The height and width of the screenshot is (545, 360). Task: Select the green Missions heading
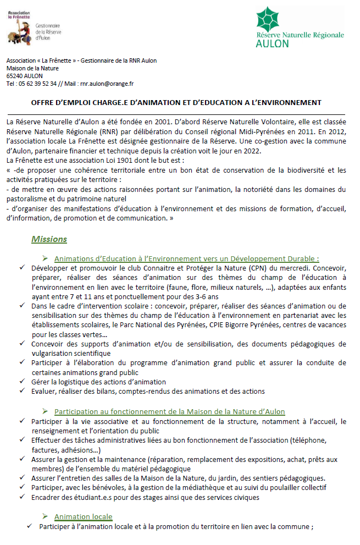coord(49,239)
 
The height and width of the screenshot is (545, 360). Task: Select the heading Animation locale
coord(83,517)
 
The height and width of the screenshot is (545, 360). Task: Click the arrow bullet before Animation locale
coord(46,517)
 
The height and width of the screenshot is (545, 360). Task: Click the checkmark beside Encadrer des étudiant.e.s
coord(21,498)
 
